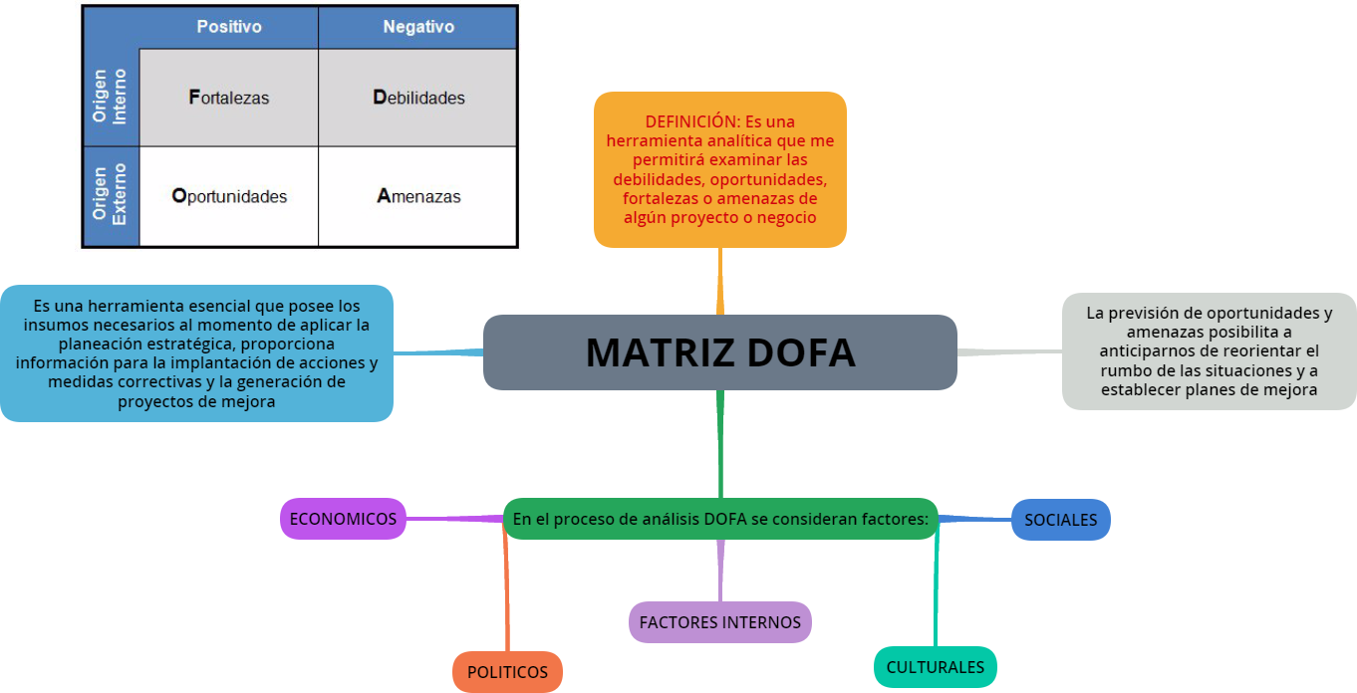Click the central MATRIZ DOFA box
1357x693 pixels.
pos(719,352)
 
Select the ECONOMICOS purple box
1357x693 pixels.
pos(343,519)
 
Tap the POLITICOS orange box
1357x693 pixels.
pos(507,672)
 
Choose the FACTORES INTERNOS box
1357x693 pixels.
pos(719,622)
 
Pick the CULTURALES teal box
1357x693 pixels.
pos(935,667)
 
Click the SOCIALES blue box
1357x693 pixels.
pos(1060,520)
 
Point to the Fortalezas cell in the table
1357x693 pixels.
pos(228,98)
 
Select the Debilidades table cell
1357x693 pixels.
pos(417,98)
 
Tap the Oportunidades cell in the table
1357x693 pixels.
pos(228,196)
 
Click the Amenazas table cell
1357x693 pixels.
pos(417,196)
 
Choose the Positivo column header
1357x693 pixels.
pos(228,27)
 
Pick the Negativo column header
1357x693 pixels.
pos(417,27)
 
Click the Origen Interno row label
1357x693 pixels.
pos(110,97)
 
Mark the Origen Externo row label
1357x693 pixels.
pos(110,196)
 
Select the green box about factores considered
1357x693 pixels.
pos(719,519)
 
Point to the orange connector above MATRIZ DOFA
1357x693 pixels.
pos(719,281)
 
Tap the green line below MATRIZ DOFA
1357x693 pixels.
pos(719,443)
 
